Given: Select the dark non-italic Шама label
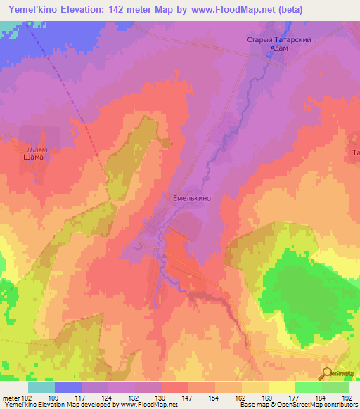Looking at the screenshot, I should tap(33, 157).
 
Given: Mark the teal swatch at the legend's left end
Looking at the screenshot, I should tap(41, 387).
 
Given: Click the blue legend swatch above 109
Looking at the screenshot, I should tap(68, 387).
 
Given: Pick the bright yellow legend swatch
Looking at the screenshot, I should tap(281, 387).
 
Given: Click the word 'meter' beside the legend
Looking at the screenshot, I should tap(11, 397).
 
